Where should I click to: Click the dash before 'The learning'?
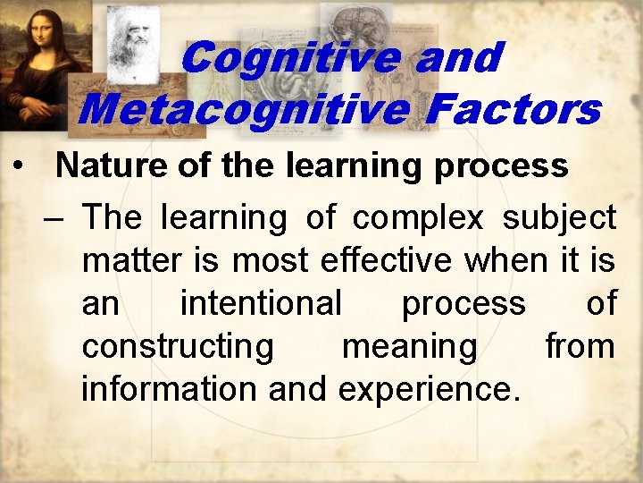[59, 217]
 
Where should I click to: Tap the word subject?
[559, 217]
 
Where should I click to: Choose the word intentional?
[261, 303]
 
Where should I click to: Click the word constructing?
[178, 346]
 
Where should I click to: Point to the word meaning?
[410, 346]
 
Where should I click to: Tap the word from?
[580, 346]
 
